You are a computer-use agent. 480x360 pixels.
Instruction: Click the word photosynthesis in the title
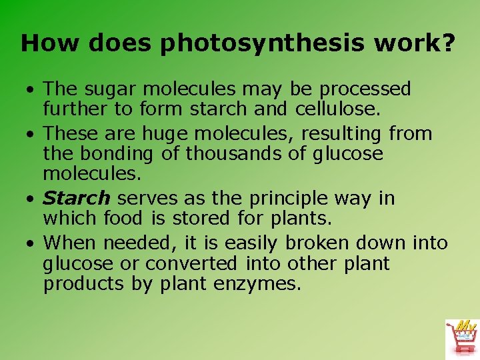coord(263,44)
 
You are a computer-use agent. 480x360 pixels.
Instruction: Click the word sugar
coord(108,89)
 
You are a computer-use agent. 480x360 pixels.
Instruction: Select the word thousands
coord(233,154)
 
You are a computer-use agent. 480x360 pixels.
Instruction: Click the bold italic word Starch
coord(76,199)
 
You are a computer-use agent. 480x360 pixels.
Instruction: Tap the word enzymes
coord(257,285)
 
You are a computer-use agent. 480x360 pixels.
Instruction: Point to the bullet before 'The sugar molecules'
coord(31,90)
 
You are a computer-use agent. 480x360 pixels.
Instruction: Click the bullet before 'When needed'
coord(31,243)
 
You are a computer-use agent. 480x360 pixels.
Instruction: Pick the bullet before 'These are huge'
coord(31,135)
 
